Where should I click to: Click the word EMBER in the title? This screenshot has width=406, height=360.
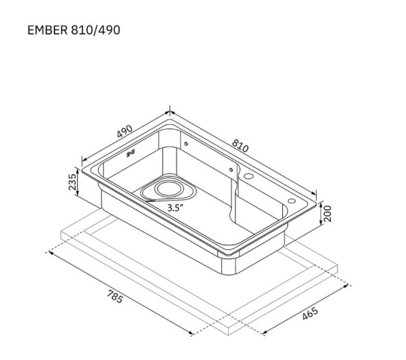[x=47, y=30]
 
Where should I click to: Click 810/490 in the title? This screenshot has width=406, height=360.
[x=95, y=30]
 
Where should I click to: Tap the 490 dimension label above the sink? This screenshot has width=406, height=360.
[x=125, y=131]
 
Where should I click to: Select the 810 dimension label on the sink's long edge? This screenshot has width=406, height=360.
[x=240, y=146]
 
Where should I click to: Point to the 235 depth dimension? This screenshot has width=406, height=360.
[x=73, y=182]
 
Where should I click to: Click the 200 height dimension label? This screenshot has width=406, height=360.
[x=328, y=214]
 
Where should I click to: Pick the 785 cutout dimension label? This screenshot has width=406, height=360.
[x=115, y=297]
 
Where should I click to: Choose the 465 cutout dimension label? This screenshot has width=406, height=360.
[x=310, y=313]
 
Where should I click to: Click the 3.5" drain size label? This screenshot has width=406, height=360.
[x=175, y=207]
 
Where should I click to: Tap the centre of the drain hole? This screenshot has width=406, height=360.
[x=169, y=188]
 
